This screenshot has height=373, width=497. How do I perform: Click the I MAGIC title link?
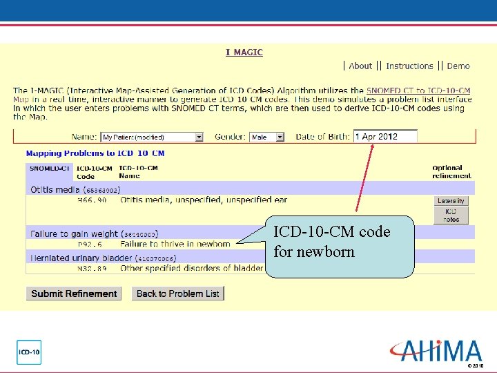click(244, 52)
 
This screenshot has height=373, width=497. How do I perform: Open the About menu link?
click(360, 66)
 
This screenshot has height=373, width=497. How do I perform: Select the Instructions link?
click(409, 66)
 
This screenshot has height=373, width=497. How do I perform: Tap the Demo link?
click(458, 66)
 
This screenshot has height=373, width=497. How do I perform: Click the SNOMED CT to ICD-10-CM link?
click(418, 90)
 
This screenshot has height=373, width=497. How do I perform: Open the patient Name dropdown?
click(152, 137)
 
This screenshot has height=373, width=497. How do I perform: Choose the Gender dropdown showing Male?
click(266, 137)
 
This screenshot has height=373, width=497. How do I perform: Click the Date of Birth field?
click(385, 137)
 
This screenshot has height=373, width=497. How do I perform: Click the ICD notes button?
click(451, 216)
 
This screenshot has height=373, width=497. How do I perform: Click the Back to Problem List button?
click(177, 294)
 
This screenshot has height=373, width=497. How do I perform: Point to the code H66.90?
click(92, 200)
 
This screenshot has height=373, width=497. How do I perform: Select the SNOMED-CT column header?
click(49, 168)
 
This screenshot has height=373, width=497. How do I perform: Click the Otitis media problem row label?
click(55, 189)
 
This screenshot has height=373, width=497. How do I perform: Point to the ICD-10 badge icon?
click(29, 352)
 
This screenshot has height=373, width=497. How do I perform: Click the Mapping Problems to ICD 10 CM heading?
click(95, 153)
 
